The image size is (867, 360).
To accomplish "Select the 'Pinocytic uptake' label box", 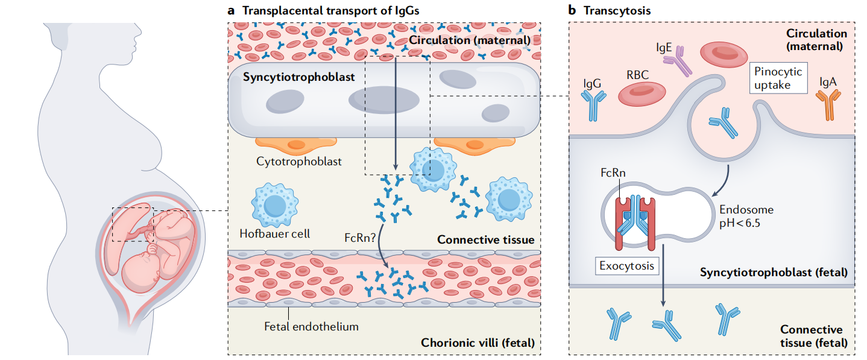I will (x=778, y=78).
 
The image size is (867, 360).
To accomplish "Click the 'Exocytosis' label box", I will (x=626, y=265).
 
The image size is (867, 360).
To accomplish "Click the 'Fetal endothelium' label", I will (x=311, y=327).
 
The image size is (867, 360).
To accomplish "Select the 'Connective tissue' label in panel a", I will (x=485, y=239).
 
